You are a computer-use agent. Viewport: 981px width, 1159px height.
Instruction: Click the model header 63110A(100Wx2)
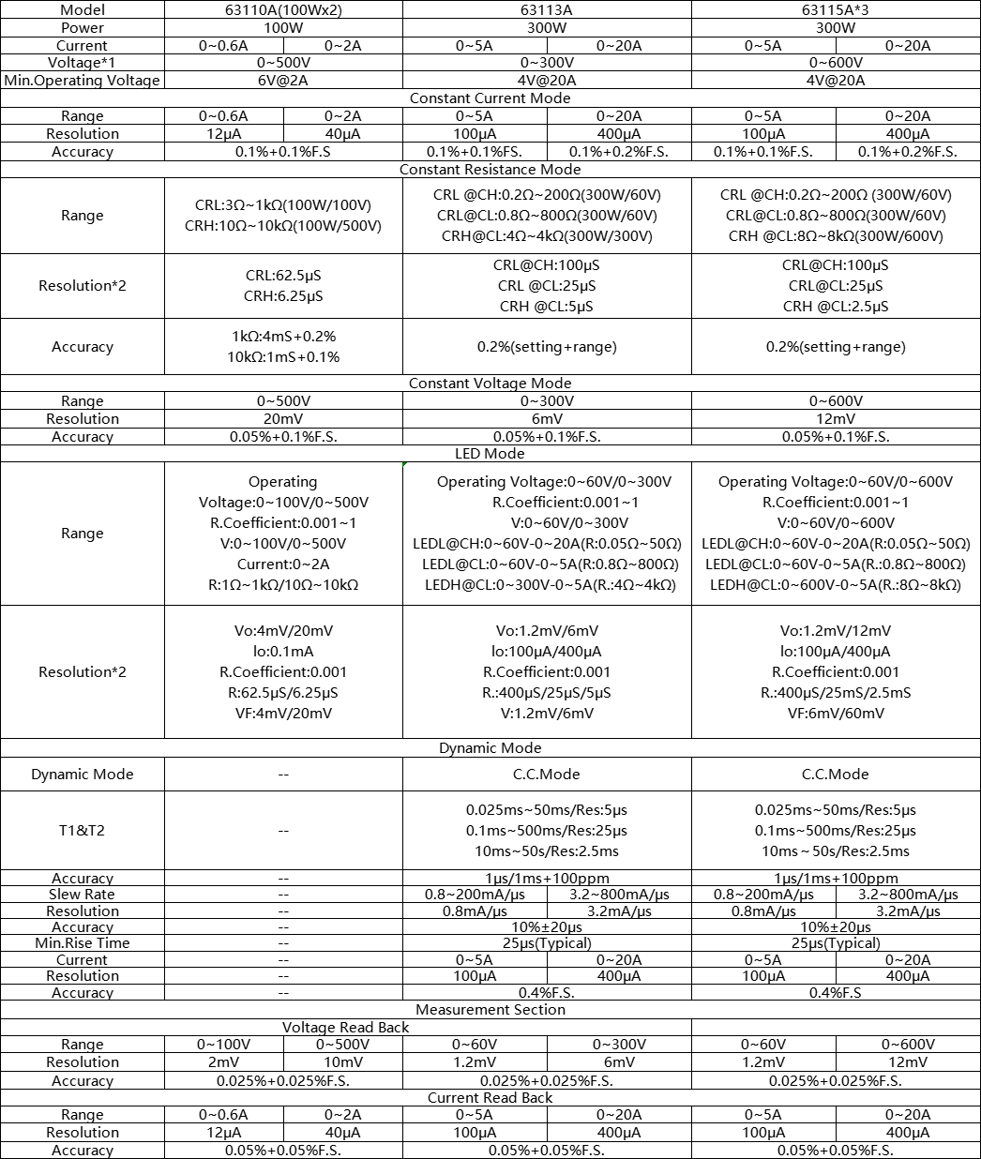click(283, 9)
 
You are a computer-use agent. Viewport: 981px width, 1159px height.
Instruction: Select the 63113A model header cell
click(547, 9)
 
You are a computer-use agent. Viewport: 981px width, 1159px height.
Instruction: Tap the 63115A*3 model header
click(836, 9)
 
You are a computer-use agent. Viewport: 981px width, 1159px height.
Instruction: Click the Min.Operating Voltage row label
click(83, 81)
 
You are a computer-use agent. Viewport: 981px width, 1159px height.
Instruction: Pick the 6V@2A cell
click(283, 81)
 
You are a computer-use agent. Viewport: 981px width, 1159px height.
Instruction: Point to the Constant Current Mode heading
click(490, 98)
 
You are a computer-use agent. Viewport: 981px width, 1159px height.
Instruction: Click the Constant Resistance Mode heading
click(490, 170)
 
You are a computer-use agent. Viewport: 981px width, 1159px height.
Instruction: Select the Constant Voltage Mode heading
click(490, 384)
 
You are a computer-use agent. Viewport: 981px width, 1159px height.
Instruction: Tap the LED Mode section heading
click(490, 454)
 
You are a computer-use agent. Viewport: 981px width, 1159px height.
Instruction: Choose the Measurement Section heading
click(490, 1010)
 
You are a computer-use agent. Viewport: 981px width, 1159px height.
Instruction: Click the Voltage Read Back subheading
click(346, 1028)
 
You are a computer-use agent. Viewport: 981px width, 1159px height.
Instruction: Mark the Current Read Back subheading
click(490, 1098)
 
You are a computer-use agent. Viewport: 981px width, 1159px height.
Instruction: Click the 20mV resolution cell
click(283, 419)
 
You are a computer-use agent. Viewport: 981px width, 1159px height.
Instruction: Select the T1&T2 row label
click(83, 830)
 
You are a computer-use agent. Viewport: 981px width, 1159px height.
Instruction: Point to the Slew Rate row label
click(83, 895)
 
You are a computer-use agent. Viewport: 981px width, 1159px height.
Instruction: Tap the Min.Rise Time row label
click(83, 943)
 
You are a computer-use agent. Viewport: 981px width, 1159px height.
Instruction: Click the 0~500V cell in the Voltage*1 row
click(283, 63)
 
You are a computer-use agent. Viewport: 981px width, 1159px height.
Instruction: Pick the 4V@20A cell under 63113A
click(547, 81)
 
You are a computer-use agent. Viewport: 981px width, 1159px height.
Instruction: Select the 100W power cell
click(283, 27)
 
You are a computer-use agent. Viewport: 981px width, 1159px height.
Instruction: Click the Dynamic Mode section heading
click(490, 748)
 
